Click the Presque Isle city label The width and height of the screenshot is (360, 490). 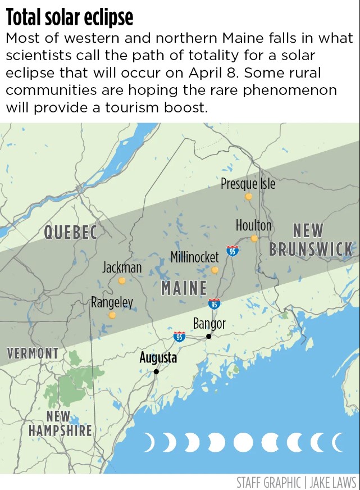point(248,183)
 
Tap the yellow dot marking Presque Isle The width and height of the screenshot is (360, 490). point(248,197)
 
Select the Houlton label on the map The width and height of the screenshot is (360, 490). point(253,225)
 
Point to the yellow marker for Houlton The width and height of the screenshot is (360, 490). point(254,238)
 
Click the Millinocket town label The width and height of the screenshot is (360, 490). point(194,257)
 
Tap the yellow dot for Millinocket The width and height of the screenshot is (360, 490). point(215,270)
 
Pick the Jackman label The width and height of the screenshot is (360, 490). point(122,267)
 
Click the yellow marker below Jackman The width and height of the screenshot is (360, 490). point(122,280)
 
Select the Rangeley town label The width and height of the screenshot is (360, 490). point(112,302)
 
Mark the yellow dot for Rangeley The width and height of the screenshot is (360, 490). point(112,315)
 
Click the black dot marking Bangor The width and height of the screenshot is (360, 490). point(208,336)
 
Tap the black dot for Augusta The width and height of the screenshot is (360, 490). point(156,371)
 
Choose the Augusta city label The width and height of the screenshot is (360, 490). point(158,357)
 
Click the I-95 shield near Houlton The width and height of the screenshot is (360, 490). point(233,251)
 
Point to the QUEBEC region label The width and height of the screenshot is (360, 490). point(71,232)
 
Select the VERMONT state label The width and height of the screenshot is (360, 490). point(33,353)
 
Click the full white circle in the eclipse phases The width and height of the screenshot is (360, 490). point(243,442)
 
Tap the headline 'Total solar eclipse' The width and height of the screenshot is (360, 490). point(70,17)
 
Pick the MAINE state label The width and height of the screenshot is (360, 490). point(184,288)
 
